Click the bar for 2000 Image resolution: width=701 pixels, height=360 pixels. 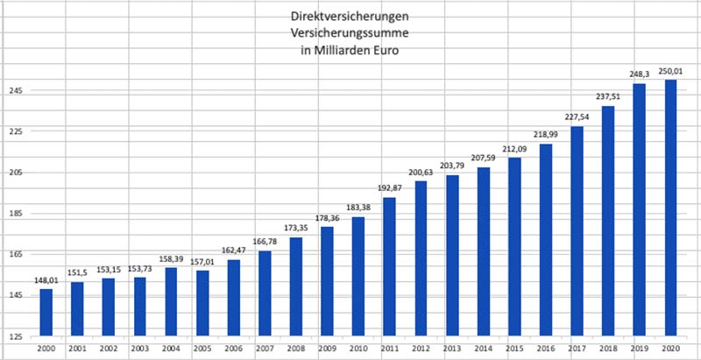pyautogui.click(x=46, y=312)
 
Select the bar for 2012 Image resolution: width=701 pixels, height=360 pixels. pyautogui.click(x=421, y=258)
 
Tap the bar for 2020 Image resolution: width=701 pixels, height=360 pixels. pyautogui.click(x=670, y=208)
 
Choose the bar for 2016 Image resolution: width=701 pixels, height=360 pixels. pyautogui.click(x=545, y=239)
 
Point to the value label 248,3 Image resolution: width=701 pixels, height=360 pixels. pyautogui.click(x=640, y=75)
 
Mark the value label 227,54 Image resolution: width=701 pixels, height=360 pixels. pyautogui.click(x=577, y=118)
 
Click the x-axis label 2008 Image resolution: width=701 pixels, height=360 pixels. pyautogui.click(x=295, y=348)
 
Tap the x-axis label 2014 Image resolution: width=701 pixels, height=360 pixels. pyautogui.click(x=483, y=348)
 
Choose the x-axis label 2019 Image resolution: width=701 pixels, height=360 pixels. pyautogui.click(x=640, y=348)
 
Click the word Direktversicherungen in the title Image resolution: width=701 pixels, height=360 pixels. pyautogui.click(x=347, y=18)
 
